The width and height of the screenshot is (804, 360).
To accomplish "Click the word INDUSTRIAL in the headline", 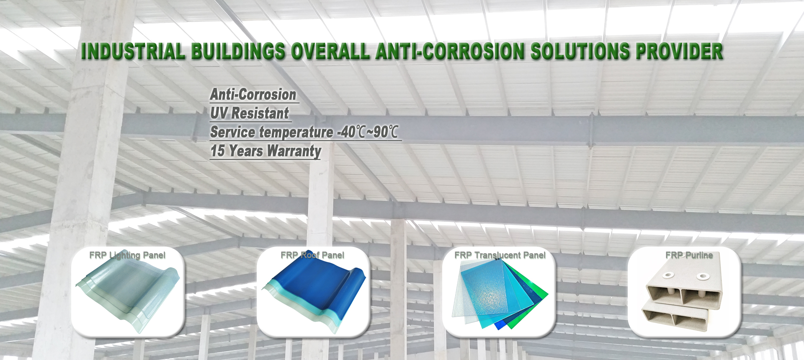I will coord(133,51).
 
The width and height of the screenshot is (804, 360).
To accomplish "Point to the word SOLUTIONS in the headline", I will coord(580,51).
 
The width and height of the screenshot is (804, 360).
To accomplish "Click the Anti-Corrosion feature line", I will coord(253,95).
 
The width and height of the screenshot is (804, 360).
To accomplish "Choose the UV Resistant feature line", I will coord(249,113).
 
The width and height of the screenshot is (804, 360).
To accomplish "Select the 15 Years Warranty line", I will coord(265,151).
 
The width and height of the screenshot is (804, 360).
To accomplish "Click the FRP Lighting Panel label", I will coord(127,255).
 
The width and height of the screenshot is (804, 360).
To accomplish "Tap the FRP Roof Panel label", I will coord(312,255).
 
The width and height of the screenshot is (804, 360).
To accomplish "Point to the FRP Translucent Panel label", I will coord(500,255).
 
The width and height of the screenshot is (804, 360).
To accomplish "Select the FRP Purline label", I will coord(689,255).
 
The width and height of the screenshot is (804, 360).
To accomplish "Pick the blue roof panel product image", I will coord(314,293).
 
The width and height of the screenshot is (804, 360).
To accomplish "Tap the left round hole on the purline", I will coord(668,275).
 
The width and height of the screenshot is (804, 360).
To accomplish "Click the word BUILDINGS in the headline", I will coord(238,51).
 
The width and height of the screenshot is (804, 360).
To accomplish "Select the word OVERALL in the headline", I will coord(330,51).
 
